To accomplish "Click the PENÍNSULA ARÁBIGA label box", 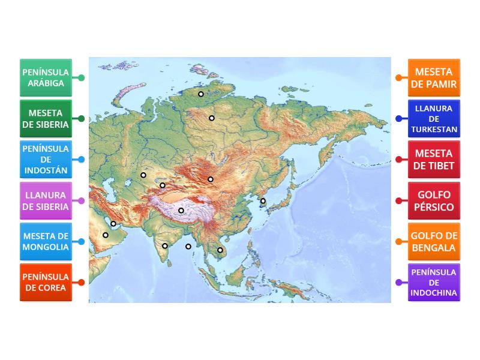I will pos(46,77).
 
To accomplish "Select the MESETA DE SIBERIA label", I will pos(46,119).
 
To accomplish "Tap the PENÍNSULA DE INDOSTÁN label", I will pos(46,160).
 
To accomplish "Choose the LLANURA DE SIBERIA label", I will pos(46,200).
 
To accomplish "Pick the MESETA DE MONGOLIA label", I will pos(46,242).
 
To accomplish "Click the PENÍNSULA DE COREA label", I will pos(46,283).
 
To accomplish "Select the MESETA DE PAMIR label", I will pos(434,77).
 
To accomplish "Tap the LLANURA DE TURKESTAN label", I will pos(434,119).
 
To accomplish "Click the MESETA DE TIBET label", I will pos(434,160).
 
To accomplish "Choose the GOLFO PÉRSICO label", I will pos(434,200).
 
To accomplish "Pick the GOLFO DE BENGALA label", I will pos(434,242).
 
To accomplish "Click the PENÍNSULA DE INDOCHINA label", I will pos(434,283).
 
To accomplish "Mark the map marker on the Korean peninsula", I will pos(263,201).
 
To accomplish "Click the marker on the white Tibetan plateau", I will pos(181,211).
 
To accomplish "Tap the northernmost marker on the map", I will pos(201,94).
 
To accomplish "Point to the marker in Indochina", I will pos(220,250).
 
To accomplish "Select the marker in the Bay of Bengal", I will pos(188,247).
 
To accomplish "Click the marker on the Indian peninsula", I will pos(165,246).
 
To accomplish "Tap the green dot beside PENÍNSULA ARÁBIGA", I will pos(82,77).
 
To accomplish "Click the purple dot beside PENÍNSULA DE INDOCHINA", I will pos(398,283).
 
